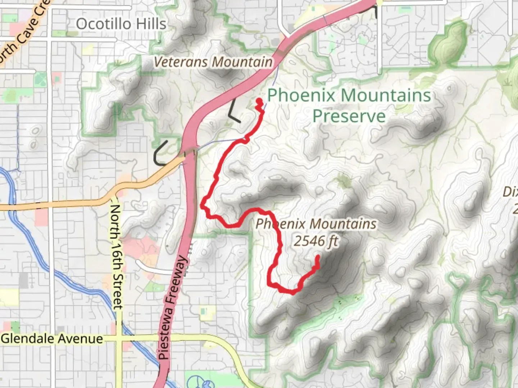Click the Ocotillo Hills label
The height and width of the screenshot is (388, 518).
[x=121, y=24]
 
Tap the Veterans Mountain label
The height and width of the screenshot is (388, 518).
[x=213, y=62]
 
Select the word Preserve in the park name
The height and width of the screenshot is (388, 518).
[x=349, y=116]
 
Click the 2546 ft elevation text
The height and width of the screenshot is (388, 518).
[x=316, y=241]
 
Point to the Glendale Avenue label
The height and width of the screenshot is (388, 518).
[x=52, y=339]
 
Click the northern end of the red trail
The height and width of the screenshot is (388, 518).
[x=259, y=101]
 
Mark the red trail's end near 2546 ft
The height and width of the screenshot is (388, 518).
[x=318, y=257]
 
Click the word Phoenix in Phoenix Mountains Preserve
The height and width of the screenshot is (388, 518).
[x=301, y=96]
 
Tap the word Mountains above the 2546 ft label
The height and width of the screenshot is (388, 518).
[x=343, y=224]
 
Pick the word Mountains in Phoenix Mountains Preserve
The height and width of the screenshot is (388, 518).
[x=386, y=96]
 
